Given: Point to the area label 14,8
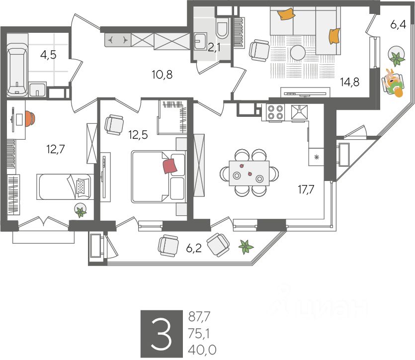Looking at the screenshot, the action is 351,81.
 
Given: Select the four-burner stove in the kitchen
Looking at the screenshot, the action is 275,112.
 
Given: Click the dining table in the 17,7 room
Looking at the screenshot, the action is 249,173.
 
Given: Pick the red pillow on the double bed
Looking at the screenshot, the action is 170,166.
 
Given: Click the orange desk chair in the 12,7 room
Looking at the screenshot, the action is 30,118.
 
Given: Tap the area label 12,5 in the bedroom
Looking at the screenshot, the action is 139,134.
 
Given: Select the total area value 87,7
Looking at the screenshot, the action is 199,316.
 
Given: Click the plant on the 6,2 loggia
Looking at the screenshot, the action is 246,246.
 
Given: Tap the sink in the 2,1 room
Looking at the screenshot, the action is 202,40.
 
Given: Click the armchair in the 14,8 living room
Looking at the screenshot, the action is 259,49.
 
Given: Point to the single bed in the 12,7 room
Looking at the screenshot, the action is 65,186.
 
